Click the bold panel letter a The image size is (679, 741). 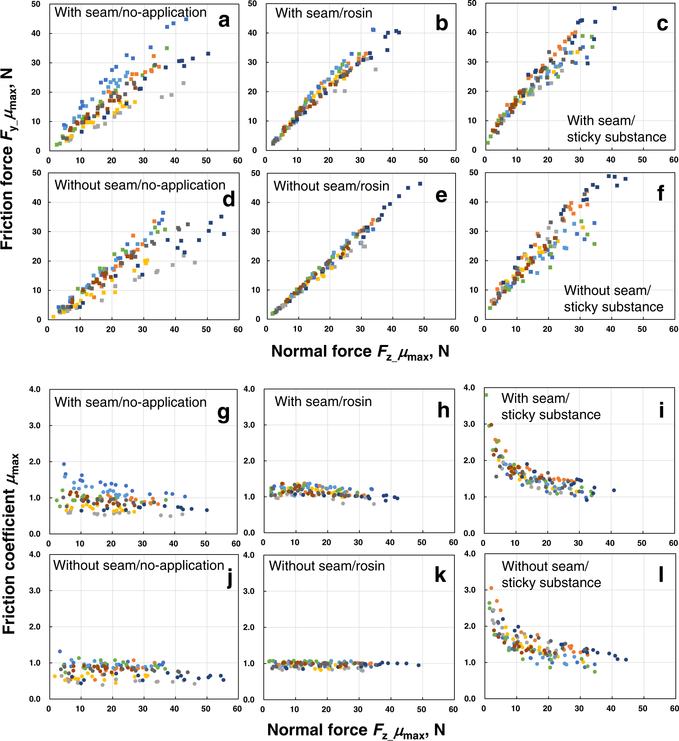[224, 21]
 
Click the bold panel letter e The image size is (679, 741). [441, 195]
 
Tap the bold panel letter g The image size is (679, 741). [223, 413]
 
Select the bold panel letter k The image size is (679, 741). [440, 575]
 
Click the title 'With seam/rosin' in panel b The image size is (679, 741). [324, 13]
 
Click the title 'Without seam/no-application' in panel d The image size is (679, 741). [140, 185]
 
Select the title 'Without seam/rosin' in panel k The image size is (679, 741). [327, 566]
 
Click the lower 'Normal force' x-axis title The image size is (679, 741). [356, 730]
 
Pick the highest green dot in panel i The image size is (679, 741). [486, 395]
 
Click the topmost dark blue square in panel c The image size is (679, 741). [614, 8]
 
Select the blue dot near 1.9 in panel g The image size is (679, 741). [64, 464]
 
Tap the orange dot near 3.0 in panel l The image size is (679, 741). [491, 588]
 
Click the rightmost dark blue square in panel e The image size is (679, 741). [420, 184]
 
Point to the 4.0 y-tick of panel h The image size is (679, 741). [249, 389]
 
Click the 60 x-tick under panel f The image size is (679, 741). [673, 329]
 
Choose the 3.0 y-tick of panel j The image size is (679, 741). [35, 590]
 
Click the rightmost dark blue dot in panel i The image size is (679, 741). [614, 490]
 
